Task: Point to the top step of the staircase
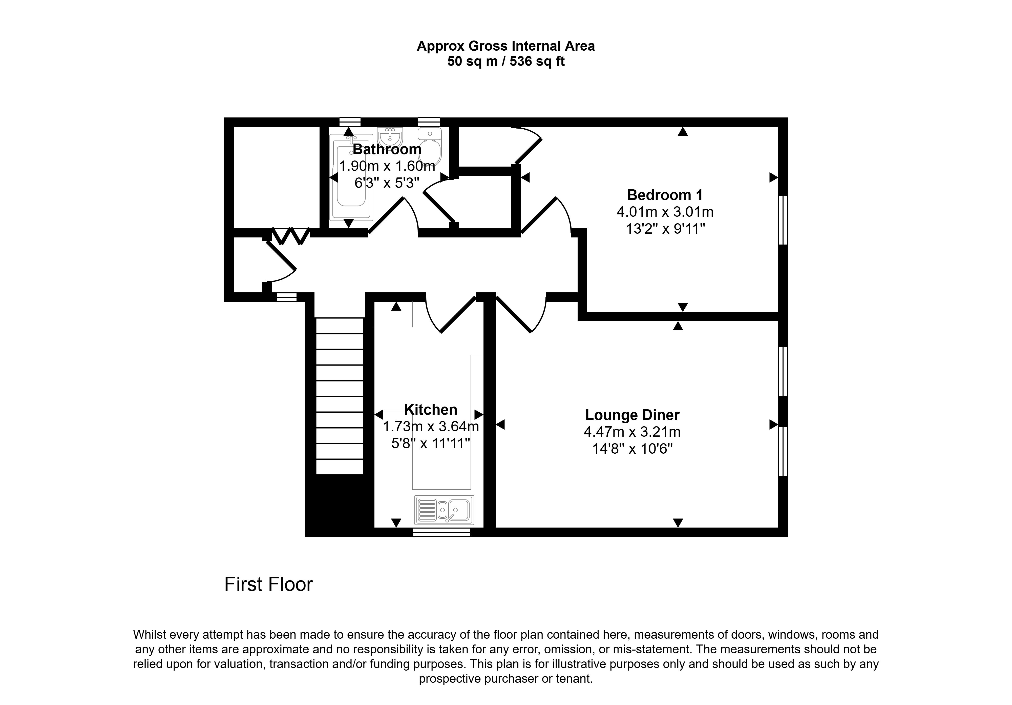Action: pyautogui.click(x=339, y=326)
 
